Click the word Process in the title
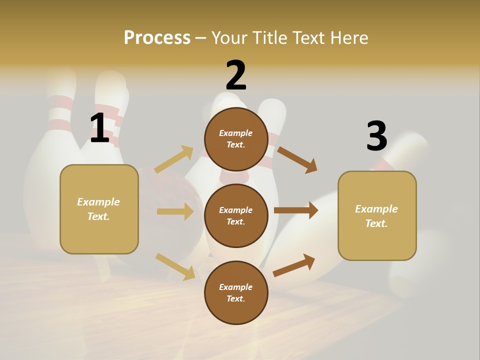pos(157,37)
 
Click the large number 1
pos(99,128)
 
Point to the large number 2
pos(236,75)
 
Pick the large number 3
pos(376,136)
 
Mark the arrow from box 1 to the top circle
pos(173,159)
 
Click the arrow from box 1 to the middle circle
pos(175,211)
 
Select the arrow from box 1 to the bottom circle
pos(175,266)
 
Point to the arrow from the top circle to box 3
pos(297,159)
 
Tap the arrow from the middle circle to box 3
pos(295,210)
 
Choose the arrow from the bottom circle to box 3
pos(294,265)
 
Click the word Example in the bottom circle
pos(236,287)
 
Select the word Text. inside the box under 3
pos(376,223)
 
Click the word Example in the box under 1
pos(98,202)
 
